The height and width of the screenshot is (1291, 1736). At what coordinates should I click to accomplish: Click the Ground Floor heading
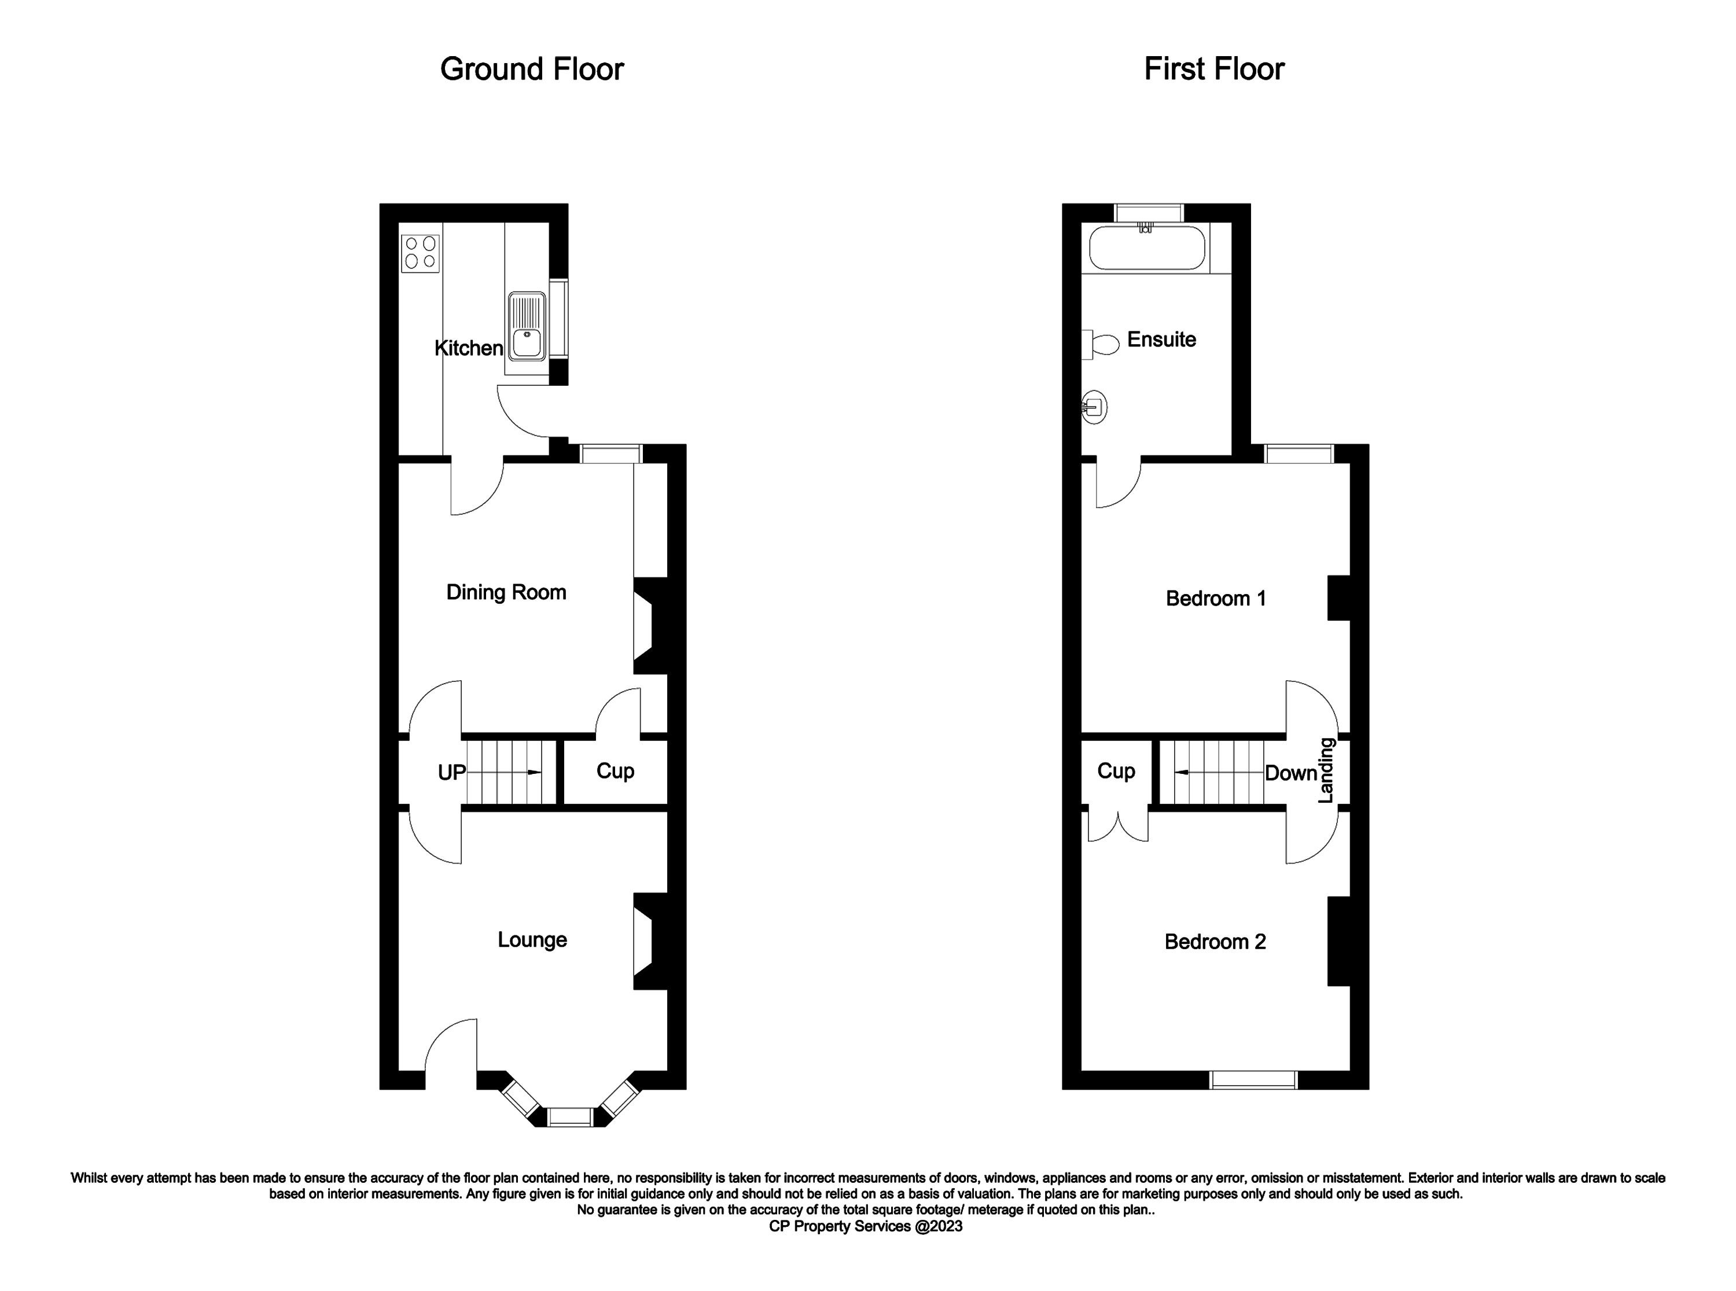tap(532, 69)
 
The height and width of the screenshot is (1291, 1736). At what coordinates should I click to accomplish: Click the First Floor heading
tap(1214, 69)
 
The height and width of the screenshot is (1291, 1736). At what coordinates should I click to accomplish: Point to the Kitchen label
tap(469, 348)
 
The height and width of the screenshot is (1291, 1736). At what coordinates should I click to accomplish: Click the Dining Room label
tap(506, 592)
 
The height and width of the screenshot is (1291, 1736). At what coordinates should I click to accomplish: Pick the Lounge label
tap(532, 939)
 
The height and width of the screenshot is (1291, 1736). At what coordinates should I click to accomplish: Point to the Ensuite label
tap(1161, 339)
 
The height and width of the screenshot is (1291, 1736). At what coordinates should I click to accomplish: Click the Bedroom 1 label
tap(1215, 599)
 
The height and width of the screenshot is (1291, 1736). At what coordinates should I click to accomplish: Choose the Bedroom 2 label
tap(1215, 942)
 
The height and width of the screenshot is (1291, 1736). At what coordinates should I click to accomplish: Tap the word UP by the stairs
tap(452, 773)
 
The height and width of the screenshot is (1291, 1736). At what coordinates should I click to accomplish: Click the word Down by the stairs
tap(1291, 773)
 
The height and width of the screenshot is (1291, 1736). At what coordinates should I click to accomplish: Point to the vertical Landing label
tap(1326, 770)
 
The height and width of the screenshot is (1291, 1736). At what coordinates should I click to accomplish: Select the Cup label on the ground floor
tap(615, 772)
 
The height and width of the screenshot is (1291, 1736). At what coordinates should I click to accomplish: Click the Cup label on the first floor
tap(1116, 772)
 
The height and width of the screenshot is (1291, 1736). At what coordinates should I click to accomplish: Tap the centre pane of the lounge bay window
tap(571, 1117)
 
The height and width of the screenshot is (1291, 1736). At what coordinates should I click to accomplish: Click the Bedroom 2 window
tap(1254, 1079)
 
